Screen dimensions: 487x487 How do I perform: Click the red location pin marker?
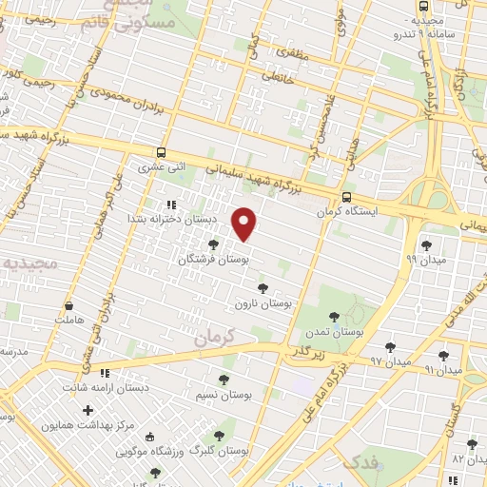[245, 224]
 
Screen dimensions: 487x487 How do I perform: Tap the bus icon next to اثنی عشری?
[161, 151]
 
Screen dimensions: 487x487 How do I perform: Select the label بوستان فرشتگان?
[212, 259]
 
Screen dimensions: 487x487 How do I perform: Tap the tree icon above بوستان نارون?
[262, 287]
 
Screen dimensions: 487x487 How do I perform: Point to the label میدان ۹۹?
[425, 258]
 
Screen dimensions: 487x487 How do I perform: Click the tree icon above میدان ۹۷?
[390, 347]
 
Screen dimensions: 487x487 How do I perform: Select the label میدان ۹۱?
[442, 368]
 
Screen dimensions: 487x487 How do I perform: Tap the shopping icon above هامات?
[68, 307]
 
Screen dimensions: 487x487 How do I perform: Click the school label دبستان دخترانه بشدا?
[175, 219]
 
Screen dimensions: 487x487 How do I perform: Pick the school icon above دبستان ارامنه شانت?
[105, 372]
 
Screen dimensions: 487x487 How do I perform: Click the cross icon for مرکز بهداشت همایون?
[88, 411]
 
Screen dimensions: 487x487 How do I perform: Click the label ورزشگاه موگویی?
[148, 450]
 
